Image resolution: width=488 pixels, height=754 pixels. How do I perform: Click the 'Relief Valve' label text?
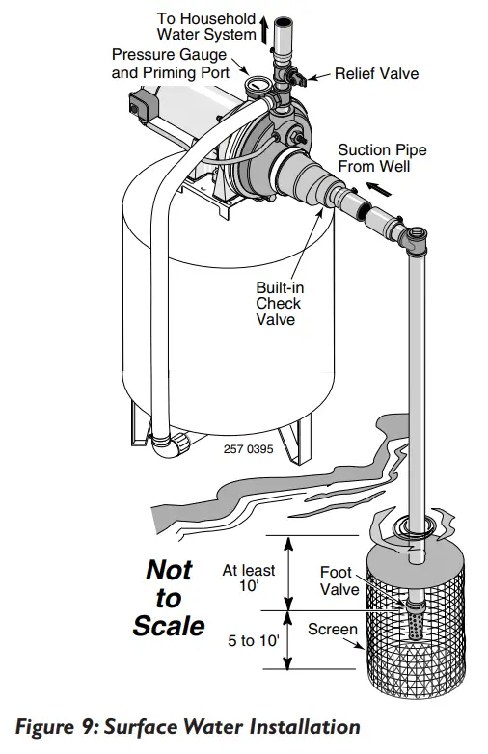[x=376, y=73]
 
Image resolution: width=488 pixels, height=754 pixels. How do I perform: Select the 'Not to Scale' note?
[x=169, y=597]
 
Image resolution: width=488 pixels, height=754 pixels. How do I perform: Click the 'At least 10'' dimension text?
[x=249, y=578]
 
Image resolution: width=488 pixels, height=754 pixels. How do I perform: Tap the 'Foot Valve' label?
[x=339, y=580]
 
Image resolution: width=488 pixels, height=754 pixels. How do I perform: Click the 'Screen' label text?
[x=332, y=630]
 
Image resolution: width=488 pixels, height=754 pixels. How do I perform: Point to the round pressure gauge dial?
[x=257, y=86]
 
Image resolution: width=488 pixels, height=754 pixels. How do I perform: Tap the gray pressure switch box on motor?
[x=142, y=100]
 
